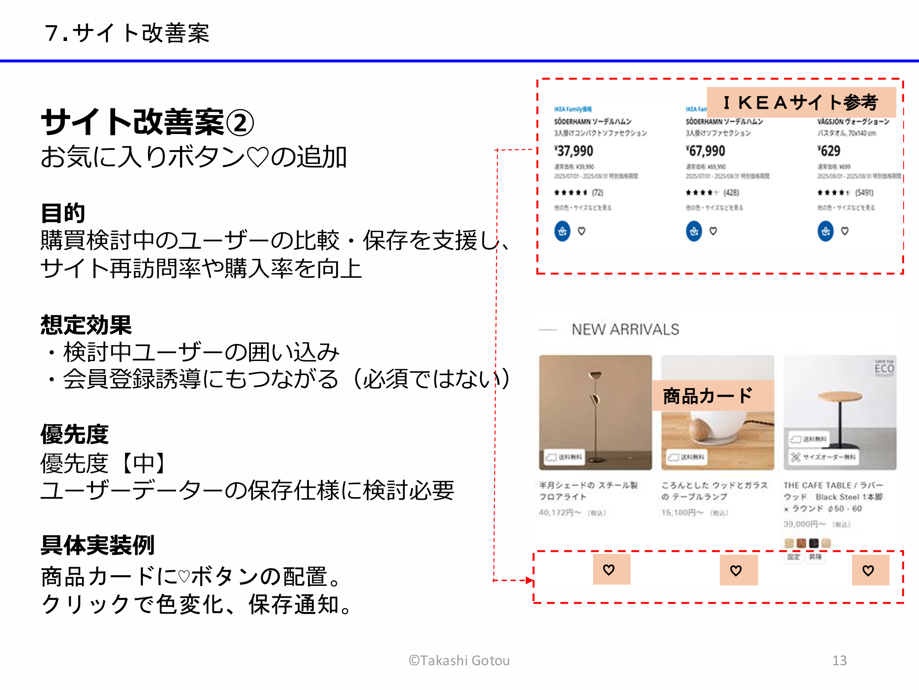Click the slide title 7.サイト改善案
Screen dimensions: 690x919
click(x=127, y=33)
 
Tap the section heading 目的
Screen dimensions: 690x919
click(x=63, y=213)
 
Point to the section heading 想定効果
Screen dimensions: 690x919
click(x=86, y=325)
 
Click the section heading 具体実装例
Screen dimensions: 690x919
click(x=97, y=545)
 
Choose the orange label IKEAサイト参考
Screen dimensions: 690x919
click(x=801, y=102)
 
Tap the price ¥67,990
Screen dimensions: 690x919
click(x=706, y=151)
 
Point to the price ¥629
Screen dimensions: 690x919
click(x=829, y=151)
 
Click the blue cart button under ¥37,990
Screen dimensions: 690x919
click(x=562, y=231)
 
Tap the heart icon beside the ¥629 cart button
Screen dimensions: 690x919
click(x=845, y=231)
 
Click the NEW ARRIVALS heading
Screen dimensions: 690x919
click(x=625, y=329)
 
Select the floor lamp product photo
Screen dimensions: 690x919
click(x=595, y=412)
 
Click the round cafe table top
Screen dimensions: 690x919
click(x=840, y=396)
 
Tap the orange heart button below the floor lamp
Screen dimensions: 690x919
click(x=611, y=570)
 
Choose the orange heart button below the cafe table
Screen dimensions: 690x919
click(x=870, y=570)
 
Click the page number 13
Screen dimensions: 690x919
click(x=839, y=661)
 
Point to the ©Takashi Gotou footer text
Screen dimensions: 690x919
click(x=459, y=661)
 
